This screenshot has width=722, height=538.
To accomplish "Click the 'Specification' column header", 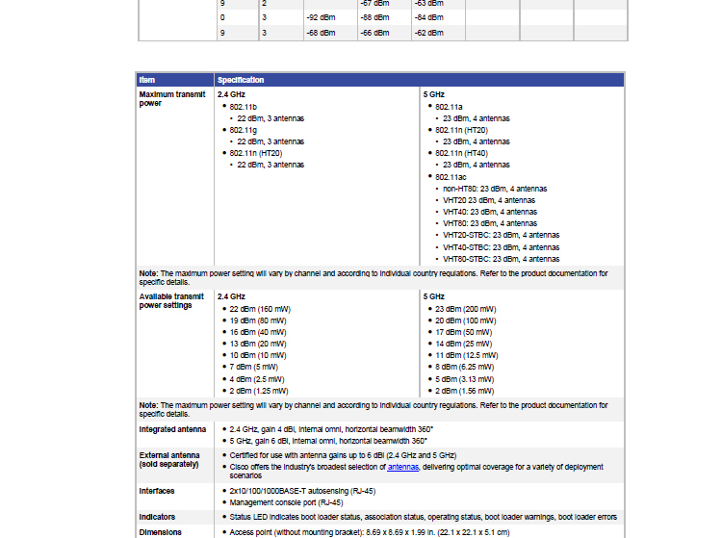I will click(x=241, y=80).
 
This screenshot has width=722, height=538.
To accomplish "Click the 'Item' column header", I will click(x=146, y=80).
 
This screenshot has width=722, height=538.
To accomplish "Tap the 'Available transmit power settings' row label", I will click(x=171, y=301).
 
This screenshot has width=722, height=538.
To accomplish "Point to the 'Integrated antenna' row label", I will click(x=172, y=429).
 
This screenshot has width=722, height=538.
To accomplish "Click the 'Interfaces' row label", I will click(x=157, y=491).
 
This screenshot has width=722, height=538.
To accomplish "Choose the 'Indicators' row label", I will click(x=157, y=517).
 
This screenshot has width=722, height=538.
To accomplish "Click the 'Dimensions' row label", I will click(x=160, y=532).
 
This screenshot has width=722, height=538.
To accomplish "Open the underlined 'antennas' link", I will click(x=403, y=467).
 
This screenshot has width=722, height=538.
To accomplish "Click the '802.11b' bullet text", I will click(x=243, y=107).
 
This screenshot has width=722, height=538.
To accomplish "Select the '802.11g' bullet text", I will click(x=243, y=130).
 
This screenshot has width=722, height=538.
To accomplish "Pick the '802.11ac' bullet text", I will click(x=451, y=177).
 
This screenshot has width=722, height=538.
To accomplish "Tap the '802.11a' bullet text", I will click(x=449, y=107).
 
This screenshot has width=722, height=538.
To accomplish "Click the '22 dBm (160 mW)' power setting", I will click(x=259, y=309).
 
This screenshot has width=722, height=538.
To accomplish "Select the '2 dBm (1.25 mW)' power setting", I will click(x=259, y=391).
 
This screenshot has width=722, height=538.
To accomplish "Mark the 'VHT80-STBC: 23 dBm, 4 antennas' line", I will click(x=501, y=259).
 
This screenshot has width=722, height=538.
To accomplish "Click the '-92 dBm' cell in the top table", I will click(x=321, y=17).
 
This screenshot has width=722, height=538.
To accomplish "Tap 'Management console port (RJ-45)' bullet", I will click(x=287, y=502).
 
